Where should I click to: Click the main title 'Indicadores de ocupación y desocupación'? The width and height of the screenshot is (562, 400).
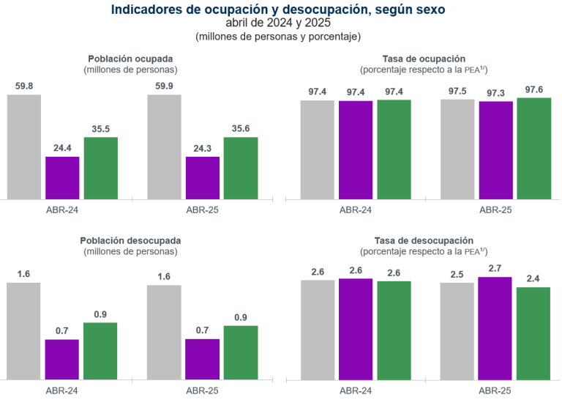click(277, 10)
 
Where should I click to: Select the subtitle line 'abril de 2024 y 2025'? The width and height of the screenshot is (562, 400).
click(277, 23)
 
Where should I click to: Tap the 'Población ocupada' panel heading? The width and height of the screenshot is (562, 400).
click(131, 58)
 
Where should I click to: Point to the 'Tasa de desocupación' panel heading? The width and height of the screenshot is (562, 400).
click(424, 240)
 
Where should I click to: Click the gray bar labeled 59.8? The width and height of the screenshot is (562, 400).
click(24, 147)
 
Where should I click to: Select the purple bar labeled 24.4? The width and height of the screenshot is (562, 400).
click(62, 177)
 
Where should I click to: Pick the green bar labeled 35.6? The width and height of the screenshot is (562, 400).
click(240, 168)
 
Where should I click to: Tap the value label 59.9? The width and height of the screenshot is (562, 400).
click(164, 86)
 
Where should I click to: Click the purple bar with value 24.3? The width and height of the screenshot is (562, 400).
click(202, 177)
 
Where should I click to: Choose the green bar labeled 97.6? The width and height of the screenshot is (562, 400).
click(533, 148)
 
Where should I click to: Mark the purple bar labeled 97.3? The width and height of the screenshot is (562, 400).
click(495, 149)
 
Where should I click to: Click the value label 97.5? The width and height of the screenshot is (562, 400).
click(457, 90)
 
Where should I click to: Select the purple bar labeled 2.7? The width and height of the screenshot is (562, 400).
click(495, 327)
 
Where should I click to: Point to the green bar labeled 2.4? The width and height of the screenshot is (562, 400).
click(533, 333)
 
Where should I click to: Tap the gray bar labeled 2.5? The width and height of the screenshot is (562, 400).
click(457, 330)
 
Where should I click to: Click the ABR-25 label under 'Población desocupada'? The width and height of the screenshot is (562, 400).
click(202, 390)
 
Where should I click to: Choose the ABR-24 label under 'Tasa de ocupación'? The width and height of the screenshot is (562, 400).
click(355, 210)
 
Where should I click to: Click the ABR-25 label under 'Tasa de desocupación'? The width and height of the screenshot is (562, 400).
click(495, 390)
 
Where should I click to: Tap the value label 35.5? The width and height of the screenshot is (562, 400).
click(101, 129)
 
